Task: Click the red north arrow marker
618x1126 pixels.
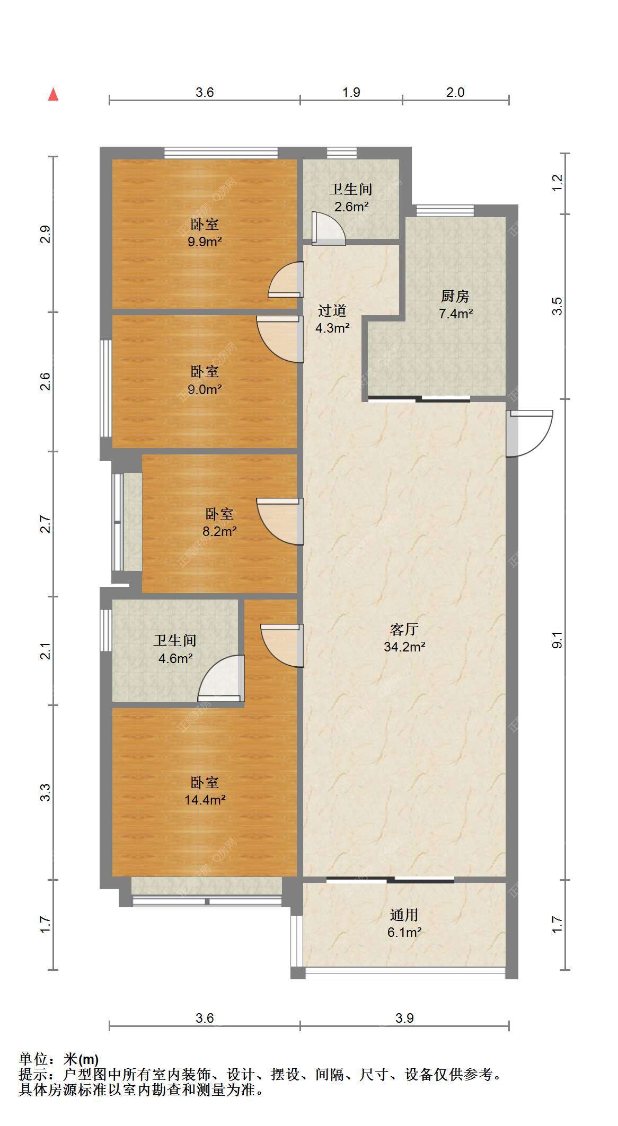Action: click(x=53, y=94)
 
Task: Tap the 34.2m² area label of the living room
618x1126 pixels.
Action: click(x=405, y=647)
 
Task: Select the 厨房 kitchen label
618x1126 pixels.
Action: click(x=456, y=296)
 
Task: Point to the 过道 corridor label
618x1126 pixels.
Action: click(x=332, y=310)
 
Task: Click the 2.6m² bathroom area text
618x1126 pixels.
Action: click(x=351, y=207)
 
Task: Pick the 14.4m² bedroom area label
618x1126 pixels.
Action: click(x=205, y=800)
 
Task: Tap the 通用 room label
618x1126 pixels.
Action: click(x=404, y=915)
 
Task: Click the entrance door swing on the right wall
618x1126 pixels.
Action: click(x=529, y=433)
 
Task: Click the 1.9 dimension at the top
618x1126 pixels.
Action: click(x=351, y=93)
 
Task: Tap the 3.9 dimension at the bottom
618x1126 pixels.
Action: click(x=404, y=1018)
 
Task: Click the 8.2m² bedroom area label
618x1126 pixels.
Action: click(x=219, y=531)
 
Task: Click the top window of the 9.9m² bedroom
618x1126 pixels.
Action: click(x=221, y=153)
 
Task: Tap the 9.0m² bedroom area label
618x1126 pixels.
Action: click(x=205, y=389)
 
